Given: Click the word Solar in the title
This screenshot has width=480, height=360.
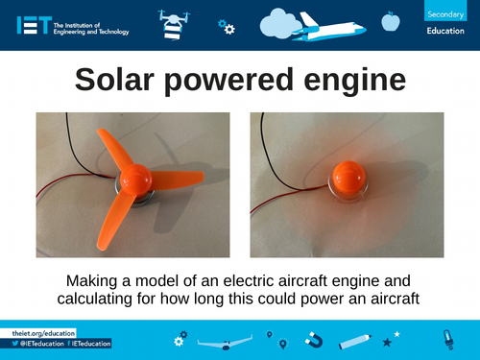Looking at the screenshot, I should point(125,81).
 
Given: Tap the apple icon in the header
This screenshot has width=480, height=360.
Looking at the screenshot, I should point(390,20).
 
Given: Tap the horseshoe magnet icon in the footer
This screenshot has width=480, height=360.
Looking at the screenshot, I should point(313,340).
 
